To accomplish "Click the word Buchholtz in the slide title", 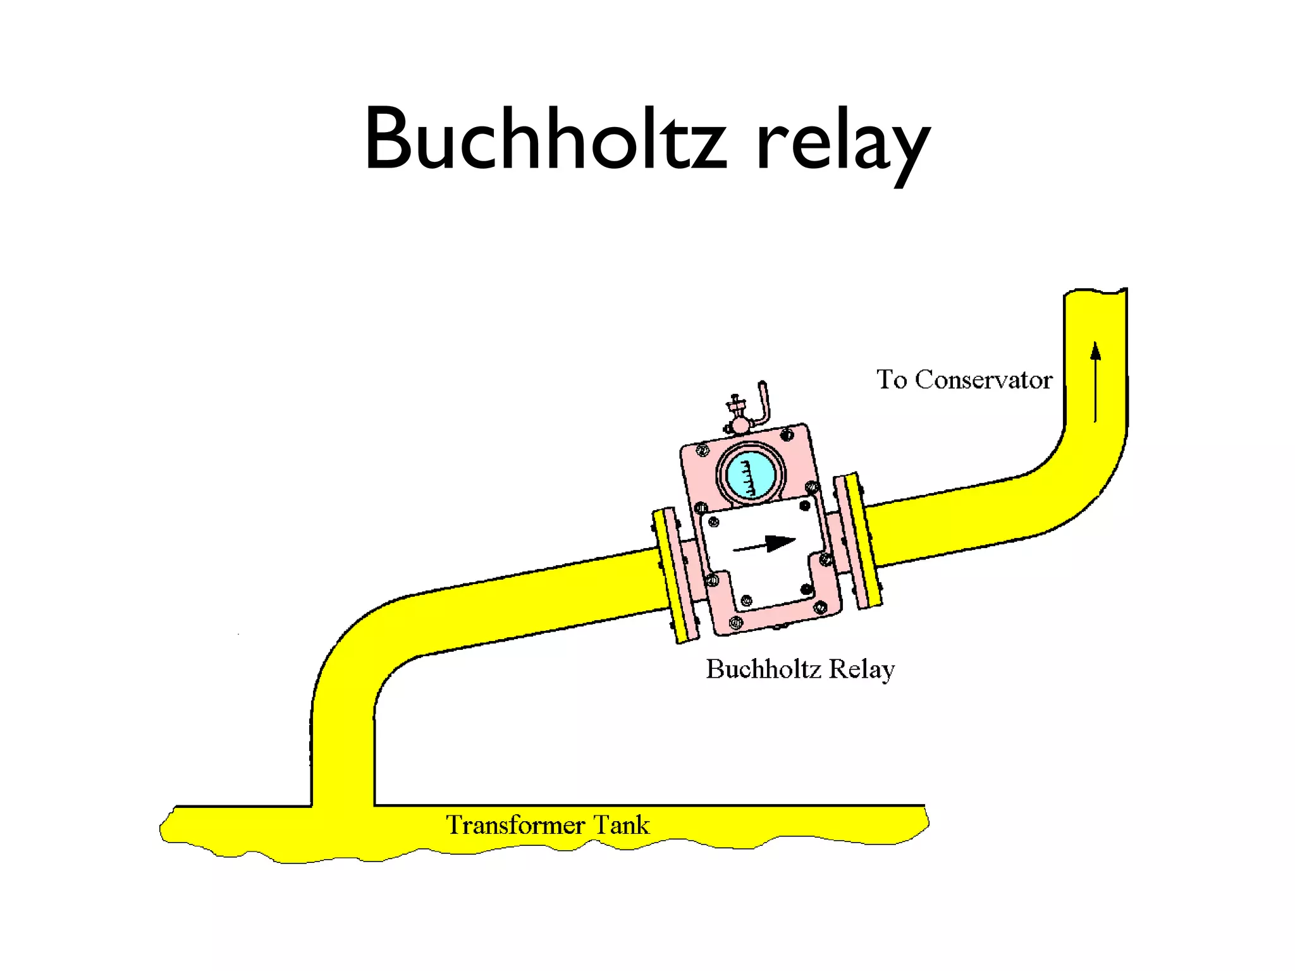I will coord(545,139).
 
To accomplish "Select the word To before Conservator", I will coord(892,380).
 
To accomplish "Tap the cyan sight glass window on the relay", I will coord(750,474).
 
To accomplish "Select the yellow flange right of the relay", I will coord(859,540).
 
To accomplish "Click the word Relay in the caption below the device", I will coord(862,669).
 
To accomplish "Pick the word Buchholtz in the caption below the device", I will coord(763,669).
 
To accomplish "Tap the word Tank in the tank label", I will coord(622,826).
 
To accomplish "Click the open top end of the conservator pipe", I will coord(1095,295).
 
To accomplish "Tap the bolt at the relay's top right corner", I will coord(787,435).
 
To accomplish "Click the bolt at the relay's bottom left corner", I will coord(735,623).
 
